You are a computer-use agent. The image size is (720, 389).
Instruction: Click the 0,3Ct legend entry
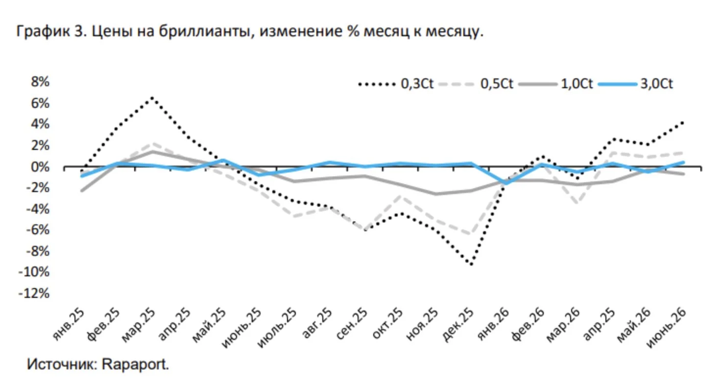396,84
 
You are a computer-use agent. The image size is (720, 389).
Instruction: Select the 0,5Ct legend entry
476,84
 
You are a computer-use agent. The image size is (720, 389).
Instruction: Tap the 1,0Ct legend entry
556,84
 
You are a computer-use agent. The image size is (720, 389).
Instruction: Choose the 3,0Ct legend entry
635,84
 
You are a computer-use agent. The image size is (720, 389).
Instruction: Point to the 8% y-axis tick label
40,82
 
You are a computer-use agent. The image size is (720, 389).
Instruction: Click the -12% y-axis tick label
34,293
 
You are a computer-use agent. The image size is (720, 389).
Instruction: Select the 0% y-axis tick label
40,167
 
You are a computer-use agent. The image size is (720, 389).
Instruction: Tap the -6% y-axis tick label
37,230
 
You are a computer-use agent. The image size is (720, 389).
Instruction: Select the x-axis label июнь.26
666,328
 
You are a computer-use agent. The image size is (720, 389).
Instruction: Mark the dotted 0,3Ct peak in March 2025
152,97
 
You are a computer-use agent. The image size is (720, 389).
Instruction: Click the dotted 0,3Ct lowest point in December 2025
471,264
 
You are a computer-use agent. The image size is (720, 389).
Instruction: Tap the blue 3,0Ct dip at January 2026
506,183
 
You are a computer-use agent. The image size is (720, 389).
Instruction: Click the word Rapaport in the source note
135,365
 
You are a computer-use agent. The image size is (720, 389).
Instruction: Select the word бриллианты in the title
205,31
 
